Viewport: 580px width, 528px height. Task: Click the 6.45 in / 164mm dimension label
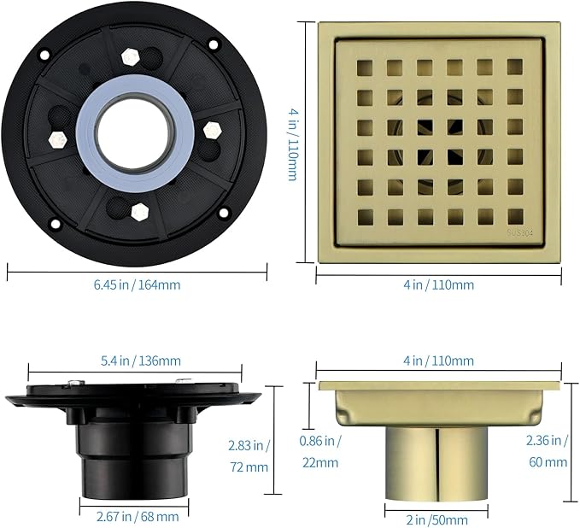tap(137, 285)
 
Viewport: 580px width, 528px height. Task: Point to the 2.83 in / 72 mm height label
tap(249, 455)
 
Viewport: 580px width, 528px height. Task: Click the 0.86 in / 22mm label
tap(320, 452)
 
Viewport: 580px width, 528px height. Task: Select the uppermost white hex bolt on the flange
tap(130, 56)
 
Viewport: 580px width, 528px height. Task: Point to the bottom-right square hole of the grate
tap(514, 216)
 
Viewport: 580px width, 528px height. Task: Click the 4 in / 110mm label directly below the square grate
tap(438, 285)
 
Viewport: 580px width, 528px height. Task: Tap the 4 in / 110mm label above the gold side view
tap(438, 361)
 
